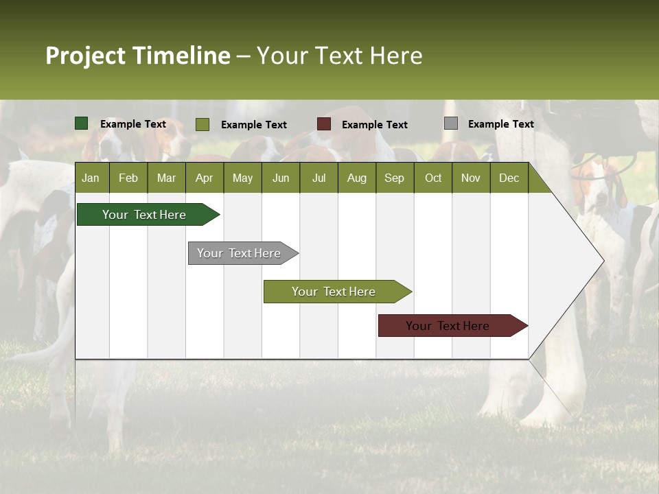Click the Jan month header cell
point(91,178)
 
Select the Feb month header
point(128,178)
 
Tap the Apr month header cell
point(205,178)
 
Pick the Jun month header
point(281,178)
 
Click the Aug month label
point(357,178)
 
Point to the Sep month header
point(395,178)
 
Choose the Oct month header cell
point(433,178)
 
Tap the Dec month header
point(509,178)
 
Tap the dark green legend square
point(82,123)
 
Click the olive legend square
point(203,124)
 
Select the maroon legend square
point(324,124)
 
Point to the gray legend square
point(451,123)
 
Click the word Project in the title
point(85,56)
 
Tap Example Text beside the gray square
point(500,123)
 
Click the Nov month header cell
point(471,178)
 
